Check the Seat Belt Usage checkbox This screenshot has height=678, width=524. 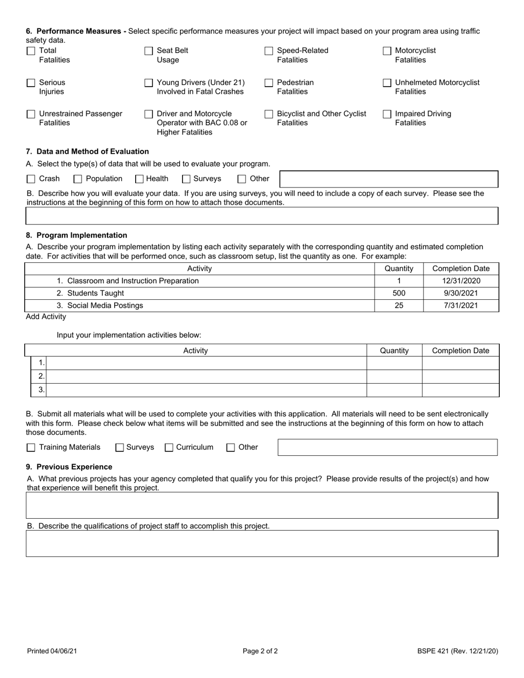[148, 51]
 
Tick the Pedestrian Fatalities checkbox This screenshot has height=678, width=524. [269, 83]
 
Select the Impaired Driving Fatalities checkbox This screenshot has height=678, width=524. [387, 114]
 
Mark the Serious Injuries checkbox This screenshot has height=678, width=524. [31, 83]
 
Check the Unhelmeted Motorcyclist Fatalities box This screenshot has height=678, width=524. [387, 83]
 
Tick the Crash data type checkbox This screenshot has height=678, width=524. [31, 179]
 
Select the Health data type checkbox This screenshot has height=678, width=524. [140, 179]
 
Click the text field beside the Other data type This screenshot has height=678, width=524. [389, 179]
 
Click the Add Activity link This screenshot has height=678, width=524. [46, 317]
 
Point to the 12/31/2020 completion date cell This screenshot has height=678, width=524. [461, 281]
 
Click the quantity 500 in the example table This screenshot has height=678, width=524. [399, 293]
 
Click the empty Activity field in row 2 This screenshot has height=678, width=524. [206, 376]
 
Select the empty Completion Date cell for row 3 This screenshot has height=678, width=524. [460, 390]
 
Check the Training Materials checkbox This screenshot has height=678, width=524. [31, 448]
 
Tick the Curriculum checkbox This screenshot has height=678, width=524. [169, 448]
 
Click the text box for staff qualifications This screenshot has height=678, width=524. [262, 544]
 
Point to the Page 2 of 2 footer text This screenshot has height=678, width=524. [260, 651]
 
